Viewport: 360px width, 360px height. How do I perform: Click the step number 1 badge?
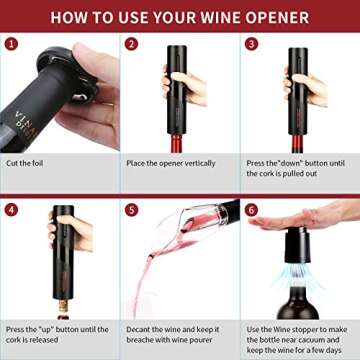(11, 44)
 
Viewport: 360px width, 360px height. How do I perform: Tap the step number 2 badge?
(131, 44)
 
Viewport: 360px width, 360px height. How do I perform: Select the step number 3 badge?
(251, 44)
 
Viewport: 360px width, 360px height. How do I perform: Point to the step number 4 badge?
(11, 210)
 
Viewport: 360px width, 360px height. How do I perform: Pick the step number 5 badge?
(131, 210)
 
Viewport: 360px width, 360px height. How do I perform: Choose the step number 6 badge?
(251, 210)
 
